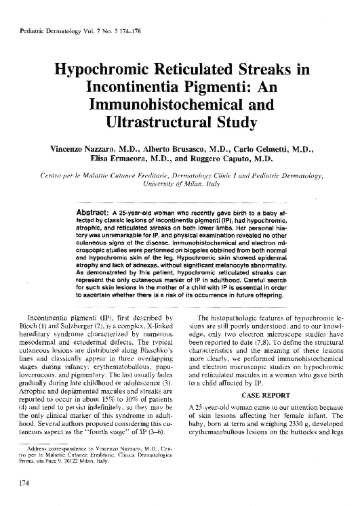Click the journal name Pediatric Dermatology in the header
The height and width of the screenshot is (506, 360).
click(54, 33)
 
